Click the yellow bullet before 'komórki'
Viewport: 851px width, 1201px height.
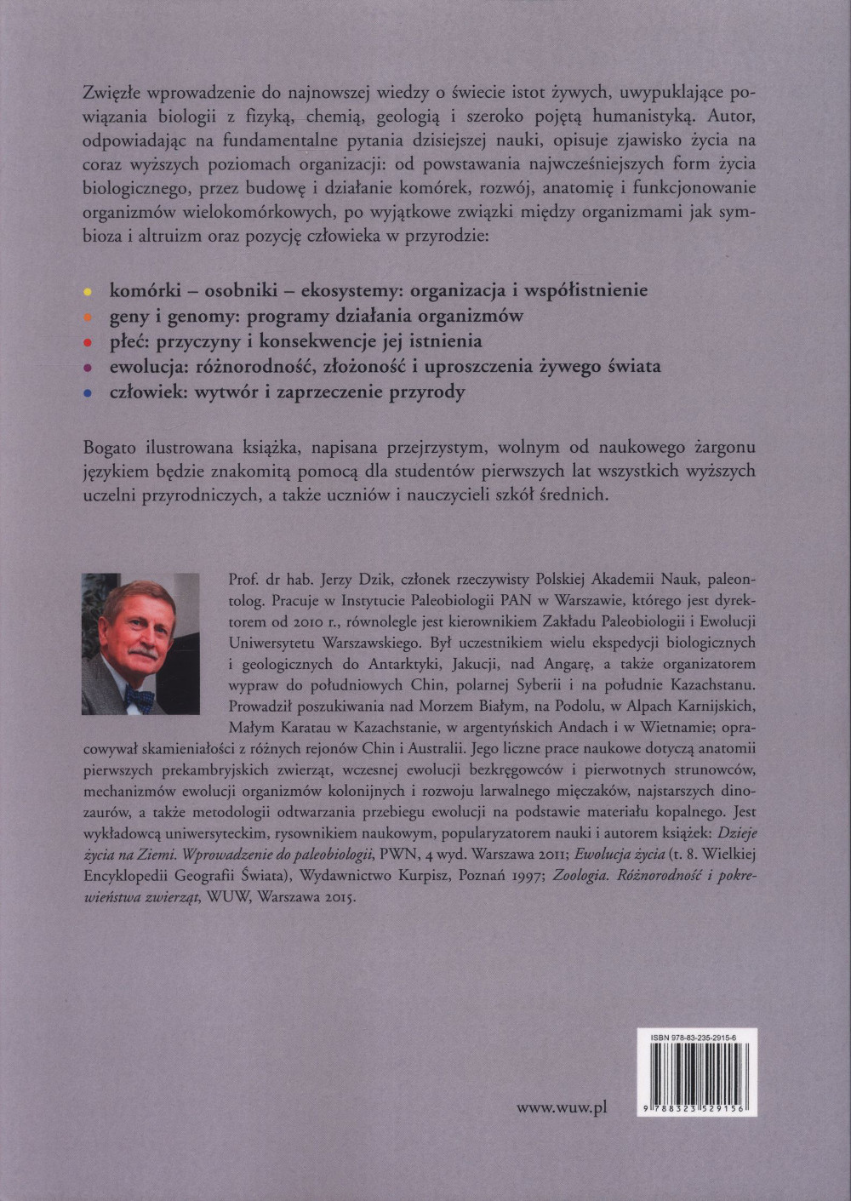point(88,291)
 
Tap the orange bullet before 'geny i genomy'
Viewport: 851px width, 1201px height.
point(88,317)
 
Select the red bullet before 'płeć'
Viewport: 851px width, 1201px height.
point(88,342)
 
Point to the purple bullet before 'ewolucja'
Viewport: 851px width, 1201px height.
point(88,368)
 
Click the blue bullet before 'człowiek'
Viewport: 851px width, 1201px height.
point(88,393)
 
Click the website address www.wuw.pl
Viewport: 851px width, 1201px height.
point(562,1107)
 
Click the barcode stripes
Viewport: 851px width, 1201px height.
point(697,1072)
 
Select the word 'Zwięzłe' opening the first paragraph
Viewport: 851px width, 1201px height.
point(111,92)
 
